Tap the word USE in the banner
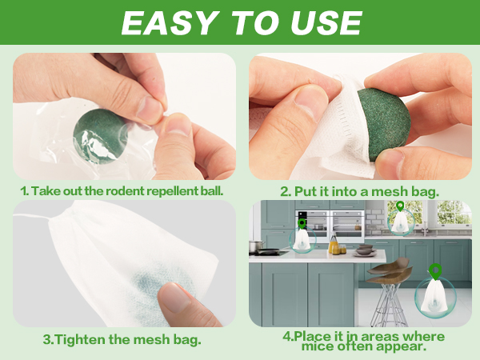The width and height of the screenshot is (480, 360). [x=326, y=23]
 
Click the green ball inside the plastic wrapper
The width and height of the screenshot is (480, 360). [x=100, y=136]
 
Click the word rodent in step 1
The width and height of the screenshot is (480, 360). [x=125, y=191]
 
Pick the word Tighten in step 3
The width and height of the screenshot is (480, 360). [x=81, y=339]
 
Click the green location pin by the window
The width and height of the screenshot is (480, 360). [x=400, y=206]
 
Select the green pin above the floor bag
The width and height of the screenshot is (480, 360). [x=435, y=271]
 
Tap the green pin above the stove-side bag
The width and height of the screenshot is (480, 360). [x=302, y=223]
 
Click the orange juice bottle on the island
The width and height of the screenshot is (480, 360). [x=333, y=244]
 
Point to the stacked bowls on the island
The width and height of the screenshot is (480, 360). [x=365, y=250]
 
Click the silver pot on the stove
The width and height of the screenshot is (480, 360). [x=256, y=246]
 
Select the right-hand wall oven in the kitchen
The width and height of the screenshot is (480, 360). [x=347, y=226]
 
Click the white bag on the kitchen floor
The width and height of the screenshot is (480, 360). [x=434, y=296]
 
